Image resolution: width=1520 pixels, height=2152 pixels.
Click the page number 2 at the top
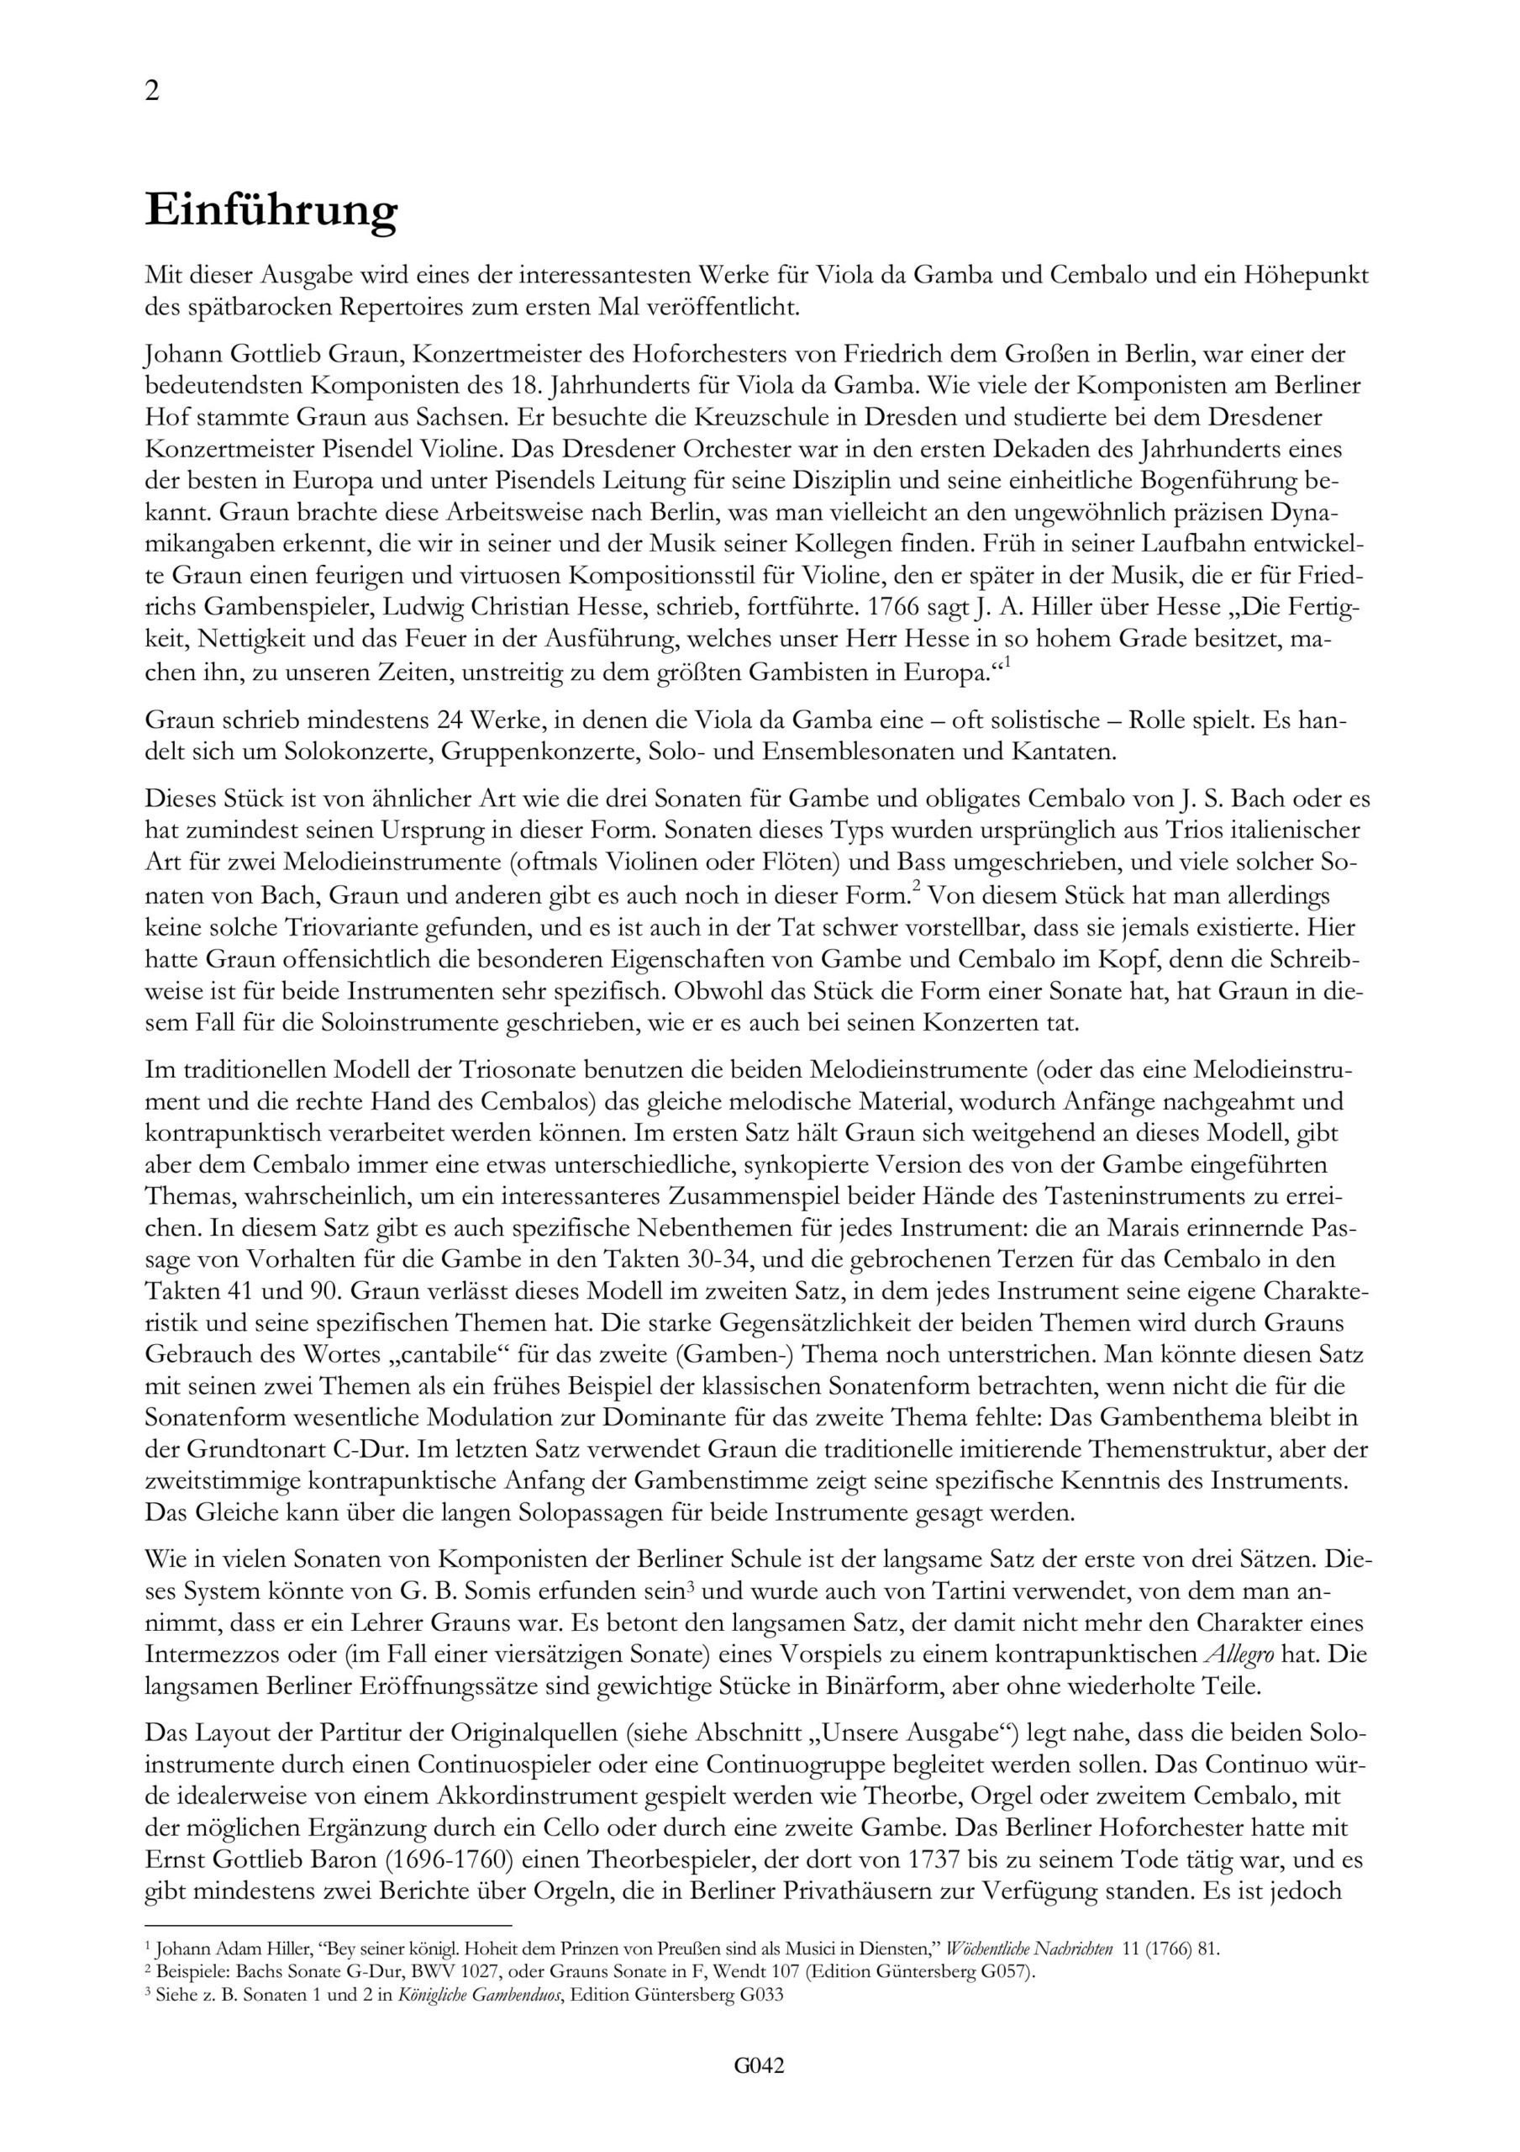152,92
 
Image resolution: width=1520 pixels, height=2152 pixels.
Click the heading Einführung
271,210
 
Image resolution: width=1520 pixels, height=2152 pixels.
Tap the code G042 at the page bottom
759,2065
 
